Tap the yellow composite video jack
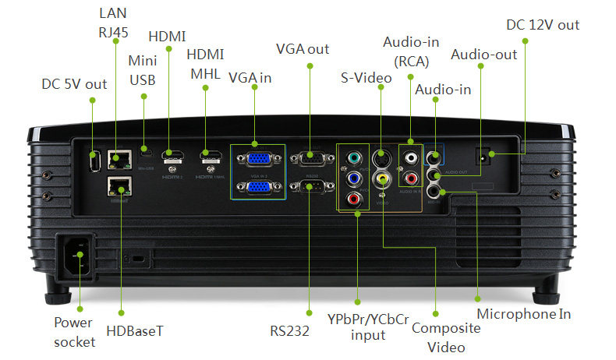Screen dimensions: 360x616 pos(381,178)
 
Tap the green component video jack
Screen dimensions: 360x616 pos(355,158)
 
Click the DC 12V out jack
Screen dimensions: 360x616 pos(487,157)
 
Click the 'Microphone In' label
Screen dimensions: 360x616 pos(524,314)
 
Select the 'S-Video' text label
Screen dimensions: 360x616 pos(366,78)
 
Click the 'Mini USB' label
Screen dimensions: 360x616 pos(143,69)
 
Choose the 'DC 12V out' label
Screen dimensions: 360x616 pos(543,25)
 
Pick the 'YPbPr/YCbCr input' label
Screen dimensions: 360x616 pos(369,327)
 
